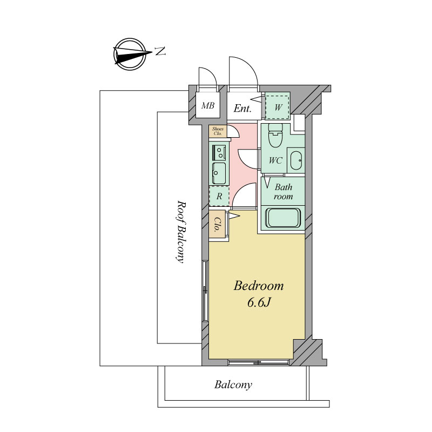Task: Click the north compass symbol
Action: point(130,54)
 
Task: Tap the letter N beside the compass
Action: point(160,51)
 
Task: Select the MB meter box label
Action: point(208,105)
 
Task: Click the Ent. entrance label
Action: point(242,109)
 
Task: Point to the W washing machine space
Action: point(278,107)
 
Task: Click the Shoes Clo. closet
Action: point(218,131)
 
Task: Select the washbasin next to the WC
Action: point(296,160)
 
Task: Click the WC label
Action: point(275,160)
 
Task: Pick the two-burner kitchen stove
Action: point(219,152)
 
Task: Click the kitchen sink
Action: point(219,173)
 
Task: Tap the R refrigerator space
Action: point(219,196)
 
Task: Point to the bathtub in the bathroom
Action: point(282,218)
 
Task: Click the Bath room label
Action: point(283,192)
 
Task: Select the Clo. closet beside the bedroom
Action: point(218,224)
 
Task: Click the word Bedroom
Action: point(259,286)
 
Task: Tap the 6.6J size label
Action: point(259,302)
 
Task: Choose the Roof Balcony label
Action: point(180,232)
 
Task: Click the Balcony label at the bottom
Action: point(233,384)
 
